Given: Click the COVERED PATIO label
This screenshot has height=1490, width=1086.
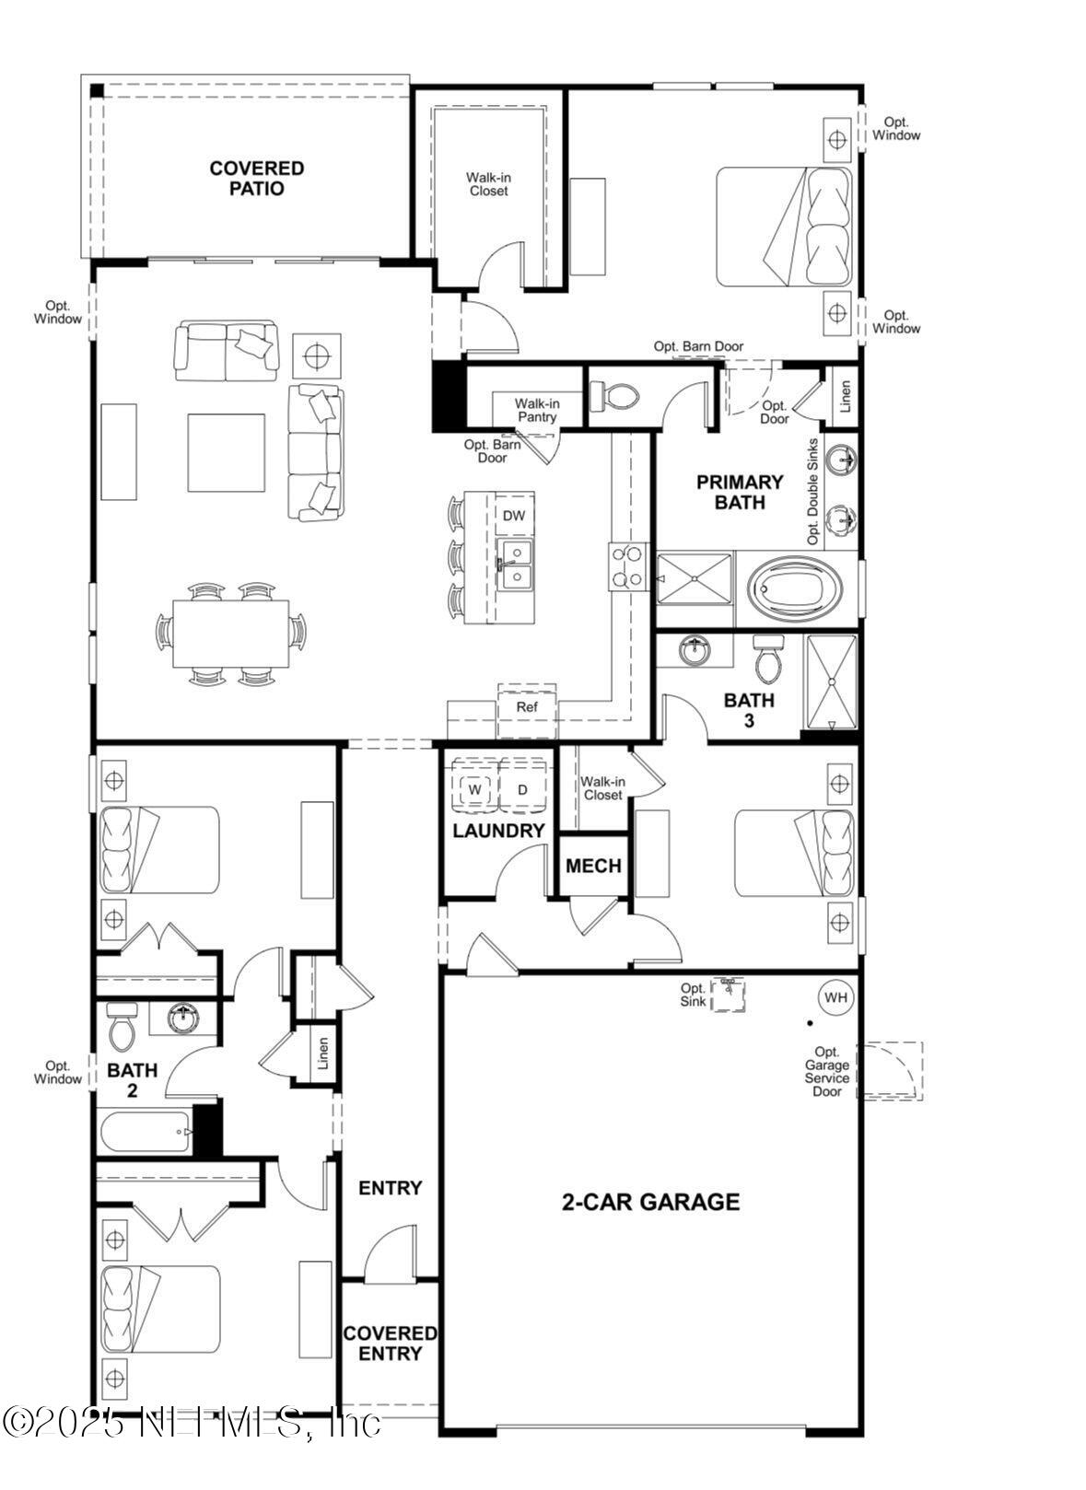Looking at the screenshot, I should pos(256,178).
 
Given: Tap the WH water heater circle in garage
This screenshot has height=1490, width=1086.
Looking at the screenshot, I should pos(835,997).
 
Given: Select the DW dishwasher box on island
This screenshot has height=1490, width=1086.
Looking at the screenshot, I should pos(514,516).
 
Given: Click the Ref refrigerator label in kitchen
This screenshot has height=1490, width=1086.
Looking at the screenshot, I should pos(526,707).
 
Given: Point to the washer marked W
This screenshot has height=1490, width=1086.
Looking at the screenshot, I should pos(475,789).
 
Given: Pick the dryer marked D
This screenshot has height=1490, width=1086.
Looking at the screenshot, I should pos(522,789).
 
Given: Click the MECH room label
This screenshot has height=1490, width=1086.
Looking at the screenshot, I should pos(593,866).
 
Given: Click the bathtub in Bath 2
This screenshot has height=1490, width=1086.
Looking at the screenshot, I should pos(145,1130).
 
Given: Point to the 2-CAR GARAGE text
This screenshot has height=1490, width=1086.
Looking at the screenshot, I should pos(650,1202).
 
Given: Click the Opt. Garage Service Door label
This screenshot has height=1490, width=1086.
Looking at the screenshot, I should pos(826,1071).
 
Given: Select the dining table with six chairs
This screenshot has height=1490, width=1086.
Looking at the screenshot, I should pos(230,634).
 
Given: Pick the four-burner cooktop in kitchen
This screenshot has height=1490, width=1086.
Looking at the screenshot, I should pos(626,566).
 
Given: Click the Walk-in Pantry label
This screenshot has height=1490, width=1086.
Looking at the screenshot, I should pos(536,410).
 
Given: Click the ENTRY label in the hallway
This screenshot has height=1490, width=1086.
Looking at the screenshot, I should pos(390,1188).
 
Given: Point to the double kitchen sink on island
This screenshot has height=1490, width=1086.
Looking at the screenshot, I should pos(514,565).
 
